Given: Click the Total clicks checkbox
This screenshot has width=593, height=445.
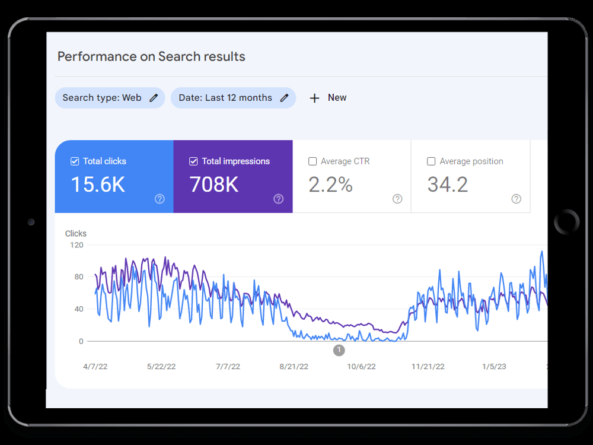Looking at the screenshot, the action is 75,161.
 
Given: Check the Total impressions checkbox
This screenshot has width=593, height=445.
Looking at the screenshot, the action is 193,161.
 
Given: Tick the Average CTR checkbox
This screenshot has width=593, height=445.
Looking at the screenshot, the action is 313,161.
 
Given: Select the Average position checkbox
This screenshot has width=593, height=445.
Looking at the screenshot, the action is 431,161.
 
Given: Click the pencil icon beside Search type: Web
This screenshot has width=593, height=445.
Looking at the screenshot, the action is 154,98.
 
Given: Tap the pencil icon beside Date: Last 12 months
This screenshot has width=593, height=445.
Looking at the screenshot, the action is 285,98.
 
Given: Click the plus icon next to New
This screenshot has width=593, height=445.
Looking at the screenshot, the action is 314,98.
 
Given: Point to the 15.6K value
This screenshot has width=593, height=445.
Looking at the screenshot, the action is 98,185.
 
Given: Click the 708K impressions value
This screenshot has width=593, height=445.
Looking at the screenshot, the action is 214,185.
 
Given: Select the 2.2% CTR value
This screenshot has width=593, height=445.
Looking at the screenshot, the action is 330,185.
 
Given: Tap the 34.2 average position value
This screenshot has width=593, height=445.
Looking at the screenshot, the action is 448,185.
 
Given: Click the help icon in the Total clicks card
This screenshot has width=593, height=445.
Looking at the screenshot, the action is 160,199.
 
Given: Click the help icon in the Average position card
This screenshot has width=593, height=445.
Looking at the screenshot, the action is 517,199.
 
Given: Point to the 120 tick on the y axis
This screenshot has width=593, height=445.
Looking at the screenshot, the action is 76,245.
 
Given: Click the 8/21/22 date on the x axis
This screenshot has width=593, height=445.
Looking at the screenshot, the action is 294,367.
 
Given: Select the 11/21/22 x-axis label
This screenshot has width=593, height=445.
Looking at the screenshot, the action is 428,367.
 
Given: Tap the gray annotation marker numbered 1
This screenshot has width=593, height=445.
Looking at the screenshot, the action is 339,351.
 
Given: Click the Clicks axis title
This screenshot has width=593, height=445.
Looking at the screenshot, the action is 76,233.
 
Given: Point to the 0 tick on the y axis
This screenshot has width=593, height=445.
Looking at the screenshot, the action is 81,341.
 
